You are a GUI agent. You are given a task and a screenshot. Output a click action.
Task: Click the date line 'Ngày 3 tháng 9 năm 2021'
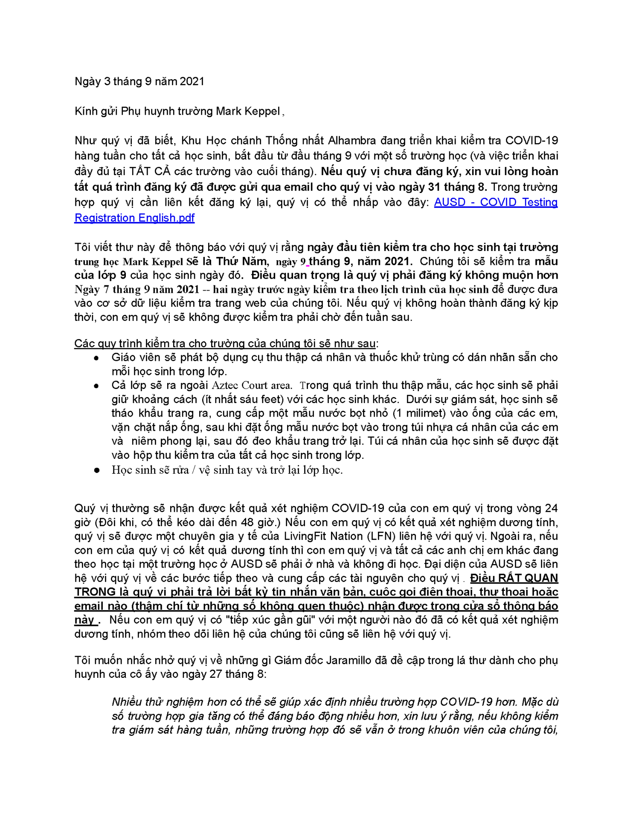139,81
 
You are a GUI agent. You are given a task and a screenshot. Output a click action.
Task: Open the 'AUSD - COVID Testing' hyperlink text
496,202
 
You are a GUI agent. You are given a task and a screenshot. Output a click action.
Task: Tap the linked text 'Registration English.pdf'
134,218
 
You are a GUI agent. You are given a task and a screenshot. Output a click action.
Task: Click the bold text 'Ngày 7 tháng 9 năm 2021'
136,289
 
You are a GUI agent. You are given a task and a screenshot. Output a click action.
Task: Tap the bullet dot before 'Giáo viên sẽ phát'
97,358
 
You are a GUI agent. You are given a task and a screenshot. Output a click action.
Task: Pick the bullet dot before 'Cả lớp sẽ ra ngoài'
97,386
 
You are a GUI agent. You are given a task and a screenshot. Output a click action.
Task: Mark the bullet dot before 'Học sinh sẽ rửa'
97,470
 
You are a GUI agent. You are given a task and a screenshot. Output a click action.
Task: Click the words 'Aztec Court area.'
252,386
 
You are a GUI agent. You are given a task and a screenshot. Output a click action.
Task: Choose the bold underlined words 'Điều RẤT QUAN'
514,578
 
